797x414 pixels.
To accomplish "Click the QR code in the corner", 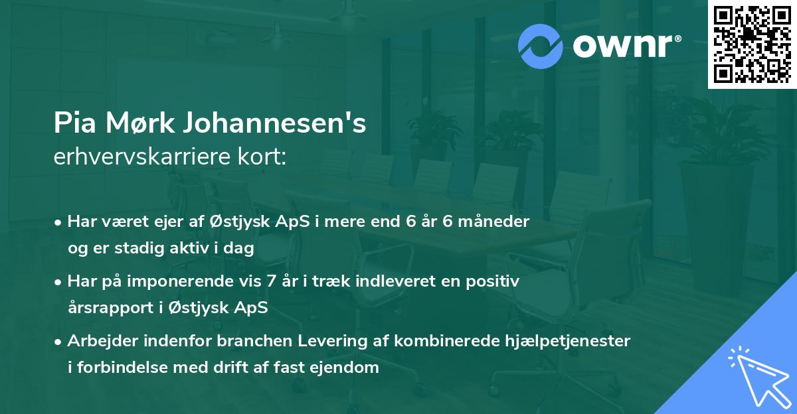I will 753,44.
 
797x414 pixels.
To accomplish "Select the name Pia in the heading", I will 75,124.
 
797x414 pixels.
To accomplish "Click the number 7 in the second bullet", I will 270,281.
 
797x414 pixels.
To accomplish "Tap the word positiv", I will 493,281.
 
